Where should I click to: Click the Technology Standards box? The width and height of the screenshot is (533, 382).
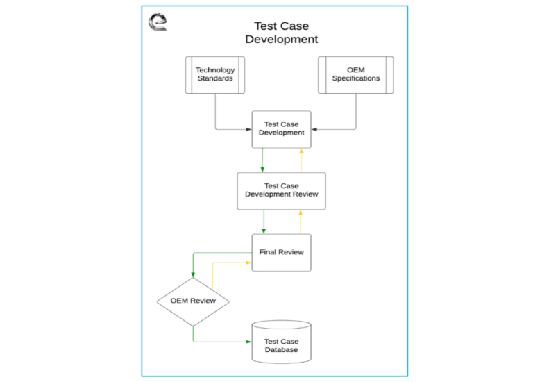pos(215,75)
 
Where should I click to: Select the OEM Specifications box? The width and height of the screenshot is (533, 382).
pos(355,75)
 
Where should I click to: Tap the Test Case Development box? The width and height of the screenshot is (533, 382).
pos(281,129)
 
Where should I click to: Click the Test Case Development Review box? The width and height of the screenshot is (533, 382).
pos(281,190)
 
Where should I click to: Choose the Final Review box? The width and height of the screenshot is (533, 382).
pos(281,252)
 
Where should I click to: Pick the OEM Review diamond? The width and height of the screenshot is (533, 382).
pos(192,301)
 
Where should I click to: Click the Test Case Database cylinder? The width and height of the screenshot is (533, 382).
pos(281,342)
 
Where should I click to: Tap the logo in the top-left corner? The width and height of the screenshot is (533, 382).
pos(158,22)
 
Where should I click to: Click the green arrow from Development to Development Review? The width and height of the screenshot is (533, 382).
pos(262,160)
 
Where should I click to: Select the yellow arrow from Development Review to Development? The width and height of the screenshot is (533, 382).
pos(301,160)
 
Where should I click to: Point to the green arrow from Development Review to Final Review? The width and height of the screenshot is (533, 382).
pos(263,222)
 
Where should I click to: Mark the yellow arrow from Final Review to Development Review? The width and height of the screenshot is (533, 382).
pos(301,222)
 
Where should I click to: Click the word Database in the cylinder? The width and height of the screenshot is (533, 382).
pos(281,350)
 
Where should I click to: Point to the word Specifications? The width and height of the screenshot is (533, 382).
pos(355,78)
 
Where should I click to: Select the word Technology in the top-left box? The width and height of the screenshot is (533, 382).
pos(215,70)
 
